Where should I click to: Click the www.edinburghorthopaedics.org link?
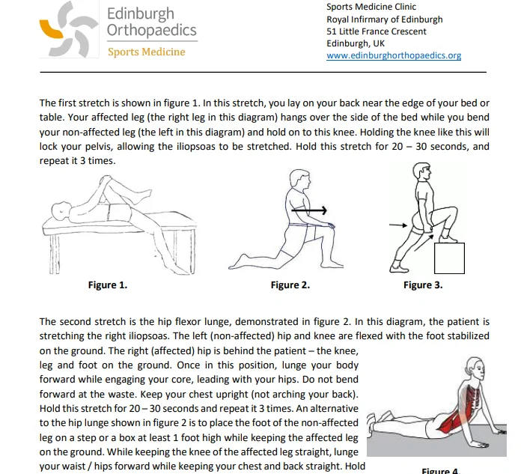394,55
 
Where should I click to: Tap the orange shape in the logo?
50,30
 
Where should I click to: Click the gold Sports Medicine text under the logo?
147,52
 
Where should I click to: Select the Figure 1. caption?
108,285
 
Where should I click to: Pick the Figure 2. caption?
290,285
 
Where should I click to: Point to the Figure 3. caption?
423,285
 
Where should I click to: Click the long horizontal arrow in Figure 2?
309,210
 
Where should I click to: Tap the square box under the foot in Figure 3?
449,258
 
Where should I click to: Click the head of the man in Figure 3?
422,171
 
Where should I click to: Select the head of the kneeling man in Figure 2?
300,180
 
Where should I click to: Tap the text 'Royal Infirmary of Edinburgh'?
385,19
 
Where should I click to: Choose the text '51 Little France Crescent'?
376,31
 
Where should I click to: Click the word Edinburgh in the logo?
141,14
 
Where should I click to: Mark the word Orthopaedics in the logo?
152,30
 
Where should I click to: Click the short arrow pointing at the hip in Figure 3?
398,225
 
